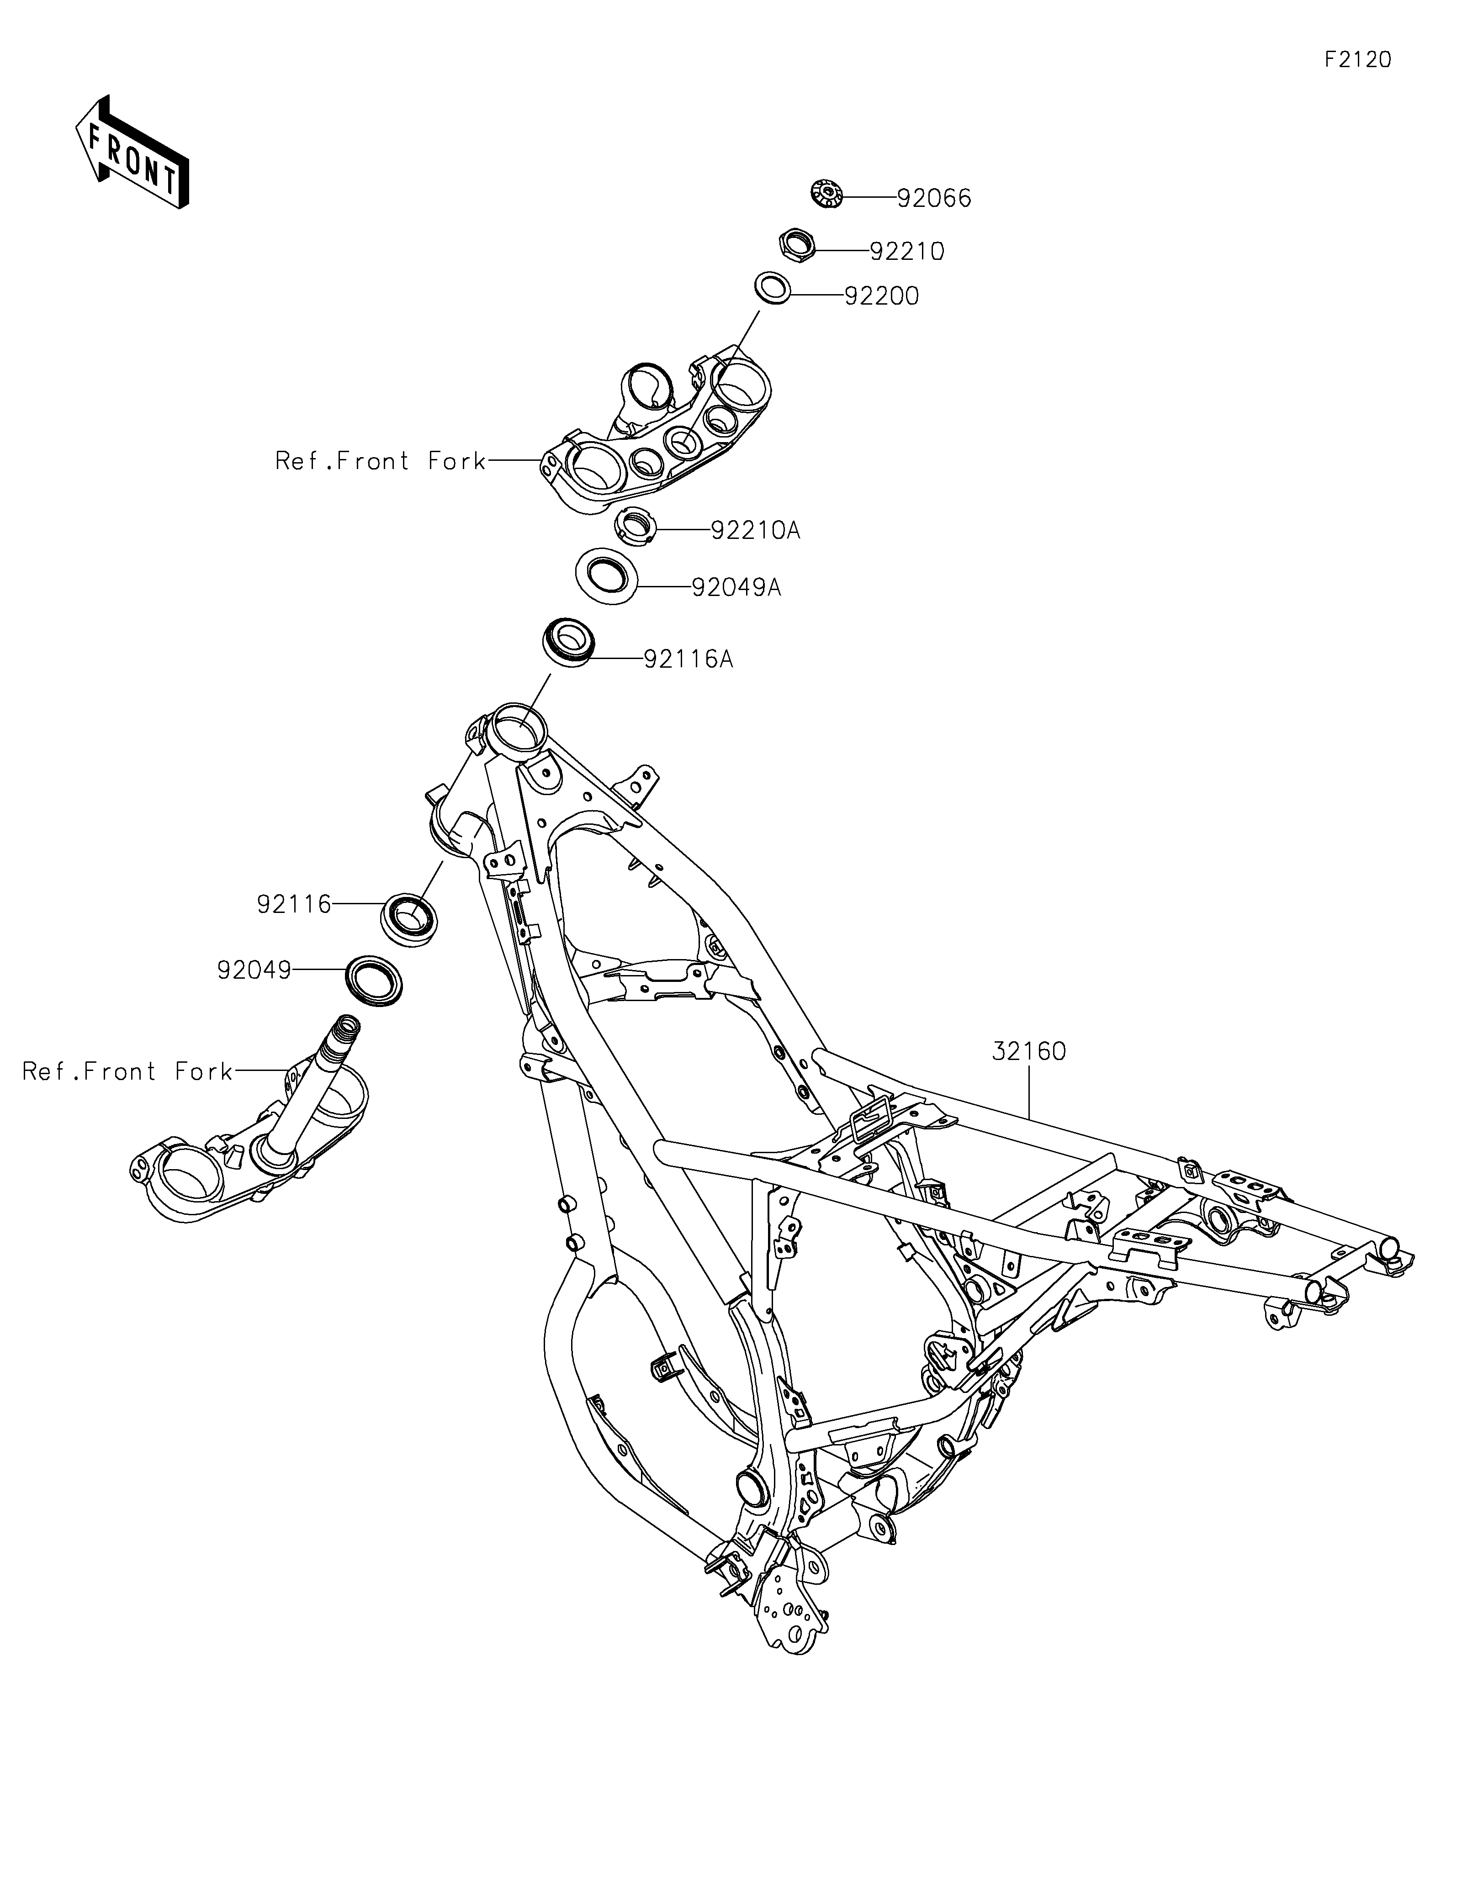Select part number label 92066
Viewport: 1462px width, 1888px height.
(934, 199)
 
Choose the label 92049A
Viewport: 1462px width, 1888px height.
(736, 588)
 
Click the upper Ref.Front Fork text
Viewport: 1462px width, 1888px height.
(381, 462)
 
